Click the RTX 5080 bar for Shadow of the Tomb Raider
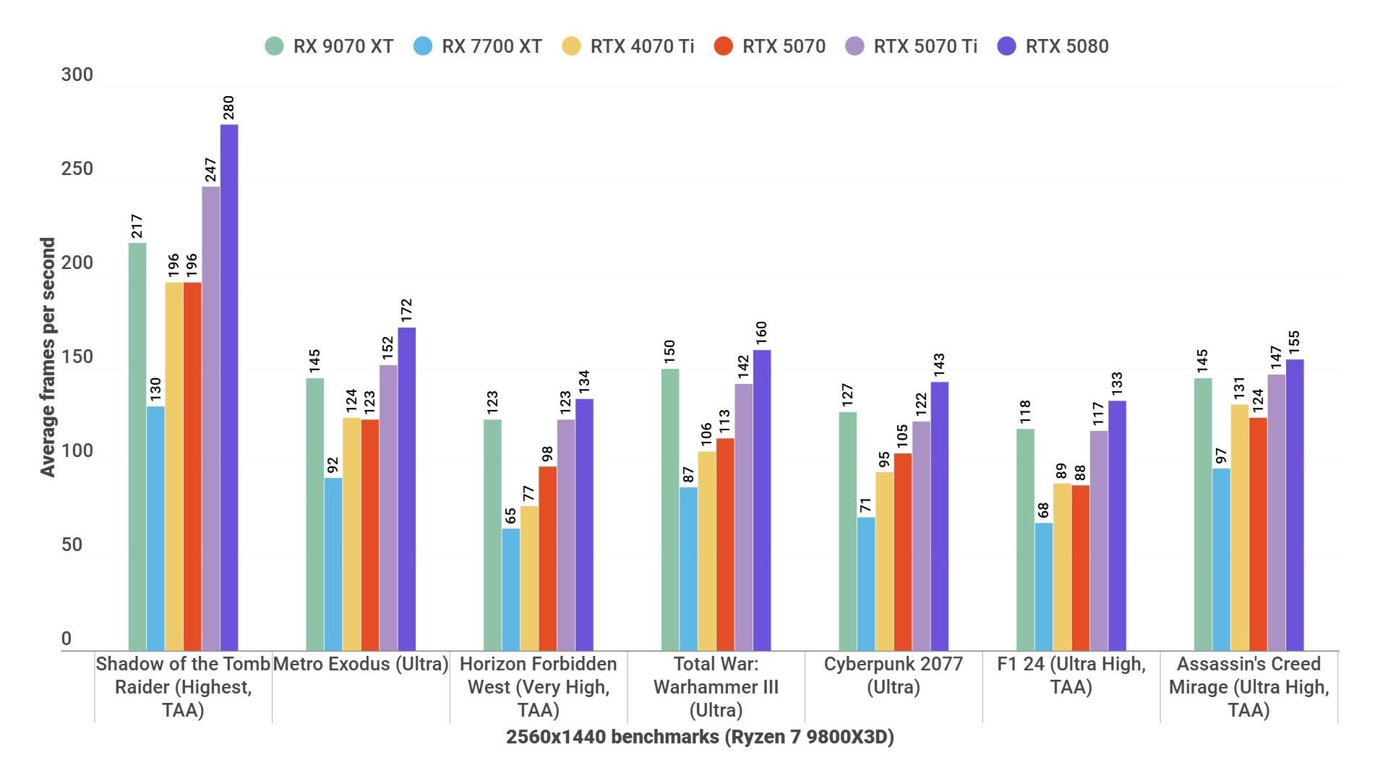229,388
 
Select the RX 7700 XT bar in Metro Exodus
333,564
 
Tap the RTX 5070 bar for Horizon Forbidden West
547,558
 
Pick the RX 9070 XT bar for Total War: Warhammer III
670,510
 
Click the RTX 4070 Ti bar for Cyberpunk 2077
884,561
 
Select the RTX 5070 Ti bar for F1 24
1098,541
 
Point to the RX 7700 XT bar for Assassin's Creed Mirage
1221,560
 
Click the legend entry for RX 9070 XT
330,46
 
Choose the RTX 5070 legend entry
770,46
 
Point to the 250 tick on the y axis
77,169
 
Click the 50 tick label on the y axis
72,545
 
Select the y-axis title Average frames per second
48,357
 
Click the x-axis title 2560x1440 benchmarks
700,737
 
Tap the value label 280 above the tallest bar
228,107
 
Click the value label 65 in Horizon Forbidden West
510,516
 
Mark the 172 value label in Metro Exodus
406,310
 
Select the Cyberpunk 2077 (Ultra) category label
894,675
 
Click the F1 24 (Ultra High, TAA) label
1071,675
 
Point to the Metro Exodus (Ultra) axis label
361,664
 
